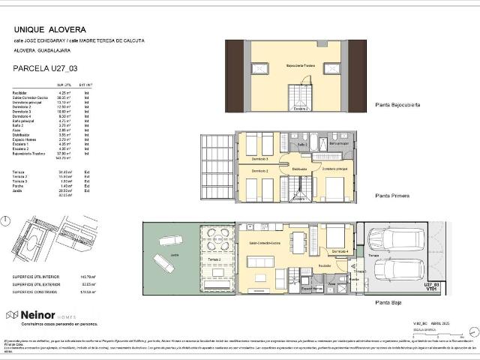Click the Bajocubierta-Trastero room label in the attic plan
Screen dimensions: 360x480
pyautogui.click(x=300, y=65)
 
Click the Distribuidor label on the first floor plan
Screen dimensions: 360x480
pyautogui.click(x=299, y=169)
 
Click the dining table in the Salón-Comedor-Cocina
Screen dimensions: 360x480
pyautogui.click(x=298, y=241)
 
